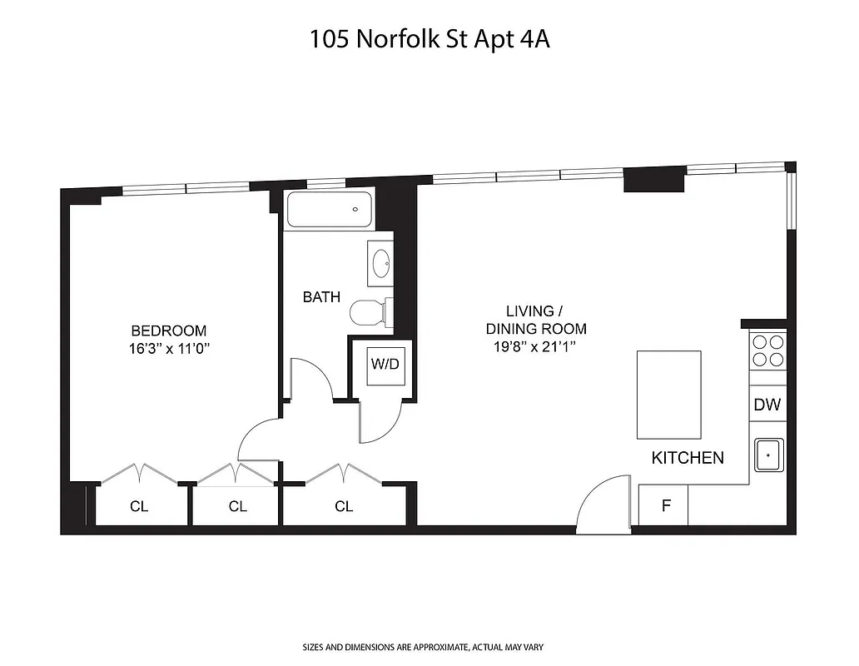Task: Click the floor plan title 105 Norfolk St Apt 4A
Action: [x=429, y=39]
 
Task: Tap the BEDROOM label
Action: [x=168, y=331]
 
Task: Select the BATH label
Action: [x=321, y=296]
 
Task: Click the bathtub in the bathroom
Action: [x=330, y=209]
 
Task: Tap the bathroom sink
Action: [x=382, y=264]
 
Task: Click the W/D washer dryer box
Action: [x=385, y=364]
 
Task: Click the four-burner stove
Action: [x=767, y=350]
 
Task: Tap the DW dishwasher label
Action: [x=767, y=405]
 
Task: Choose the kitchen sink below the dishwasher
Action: [x=767, y=455]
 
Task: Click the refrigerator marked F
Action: [x=664, y=505]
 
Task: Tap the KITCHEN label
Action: [x=687, y=457]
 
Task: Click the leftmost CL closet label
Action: [x=139, y=505]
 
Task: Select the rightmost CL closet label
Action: [x=344, y=505]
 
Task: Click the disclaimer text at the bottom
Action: [x=429, y=646]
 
